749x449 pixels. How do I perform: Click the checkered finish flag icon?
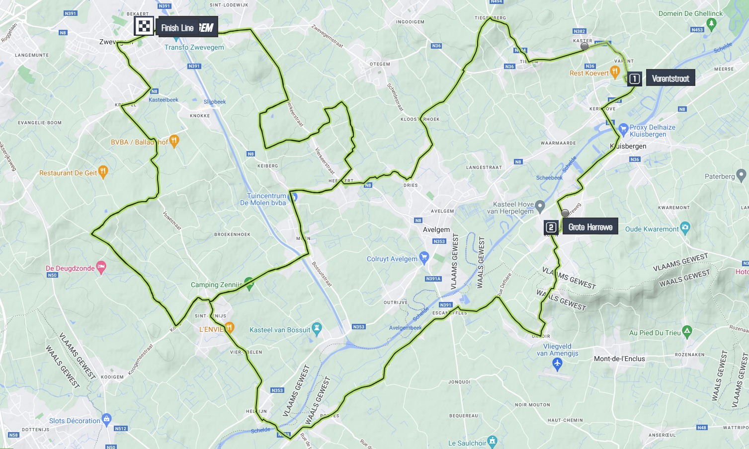[144, 26]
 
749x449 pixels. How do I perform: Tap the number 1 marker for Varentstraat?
[634, 78]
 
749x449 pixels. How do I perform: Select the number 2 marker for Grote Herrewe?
[551, 227]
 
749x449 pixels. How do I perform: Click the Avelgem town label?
[436, 229]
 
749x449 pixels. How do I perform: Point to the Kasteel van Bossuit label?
[280, 330]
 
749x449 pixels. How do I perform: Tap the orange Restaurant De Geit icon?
[103, 172]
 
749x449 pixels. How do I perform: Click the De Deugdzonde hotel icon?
[101, 268]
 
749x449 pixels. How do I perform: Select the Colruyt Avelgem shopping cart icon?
[424, 257]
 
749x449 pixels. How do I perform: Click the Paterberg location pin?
[741, 175]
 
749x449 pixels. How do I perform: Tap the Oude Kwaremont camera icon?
[685, 228]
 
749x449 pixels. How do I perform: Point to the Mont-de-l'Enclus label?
[619, 359]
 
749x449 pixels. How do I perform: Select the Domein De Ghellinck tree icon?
[711, 23]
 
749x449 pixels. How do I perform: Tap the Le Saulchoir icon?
[493, 441]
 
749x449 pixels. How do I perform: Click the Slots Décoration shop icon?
[106, 419]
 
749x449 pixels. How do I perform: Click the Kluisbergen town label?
[628, 146]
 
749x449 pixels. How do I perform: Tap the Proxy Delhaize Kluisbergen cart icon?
[623, 130]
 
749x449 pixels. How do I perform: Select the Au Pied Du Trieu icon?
[687, 331]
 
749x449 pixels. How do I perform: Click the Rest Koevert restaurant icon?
[615, 73]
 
